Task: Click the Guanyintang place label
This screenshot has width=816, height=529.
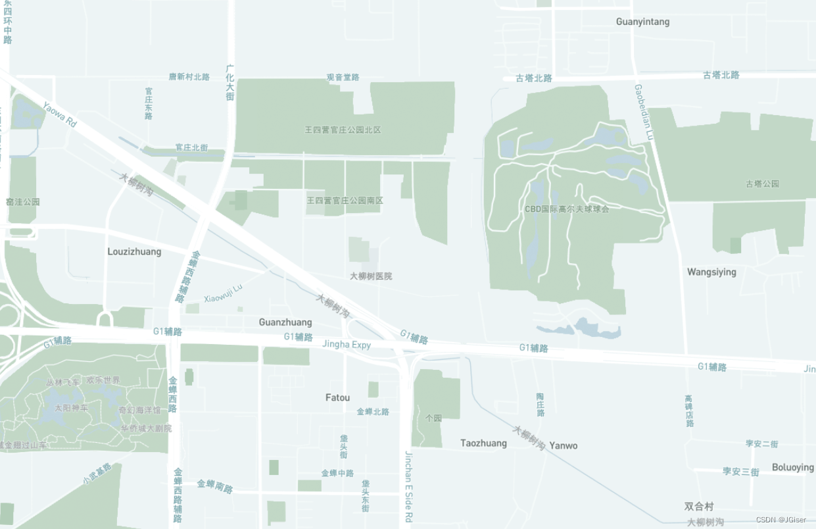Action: click(x=642, y=22)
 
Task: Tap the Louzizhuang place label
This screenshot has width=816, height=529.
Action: click(x=134, y=251)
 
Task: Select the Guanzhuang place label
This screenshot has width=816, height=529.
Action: click(x=285, y=322)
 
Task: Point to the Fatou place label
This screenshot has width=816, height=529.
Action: click(x=337, y=397)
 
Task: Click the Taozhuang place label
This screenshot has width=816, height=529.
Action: click(x=483, y=443)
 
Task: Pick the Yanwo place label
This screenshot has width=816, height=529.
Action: click(x=564, y=445)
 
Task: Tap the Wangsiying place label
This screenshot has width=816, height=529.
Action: click(x=711, y=272)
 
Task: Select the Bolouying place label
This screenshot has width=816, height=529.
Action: click(x=792, y=467)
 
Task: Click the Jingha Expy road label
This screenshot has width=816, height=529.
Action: click(x=347, y=344)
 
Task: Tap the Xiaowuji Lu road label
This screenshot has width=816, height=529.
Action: click(x=223, y=293)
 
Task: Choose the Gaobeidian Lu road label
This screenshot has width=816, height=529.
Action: click(x=644, y=112)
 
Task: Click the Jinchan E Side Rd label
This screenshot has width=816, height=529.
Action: click(x=408, y=486)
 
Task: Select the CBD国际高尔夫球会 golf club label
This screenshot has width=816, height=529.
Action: click(x=567, y=209)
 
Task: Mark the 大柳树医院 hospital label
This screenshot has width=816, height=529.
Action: click(x=371, y=276)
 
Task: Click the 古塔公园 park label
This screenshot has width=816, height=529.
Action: click(x=762, y=184)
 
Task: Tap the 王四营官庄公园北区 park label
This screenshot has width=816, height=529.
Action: click(x=343, y=130)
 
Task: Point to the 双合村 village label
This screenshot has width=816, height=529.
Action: click(x=698, y=507)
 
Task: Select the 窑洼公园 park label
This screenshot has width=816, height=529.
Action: click(x=23, y=202)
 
